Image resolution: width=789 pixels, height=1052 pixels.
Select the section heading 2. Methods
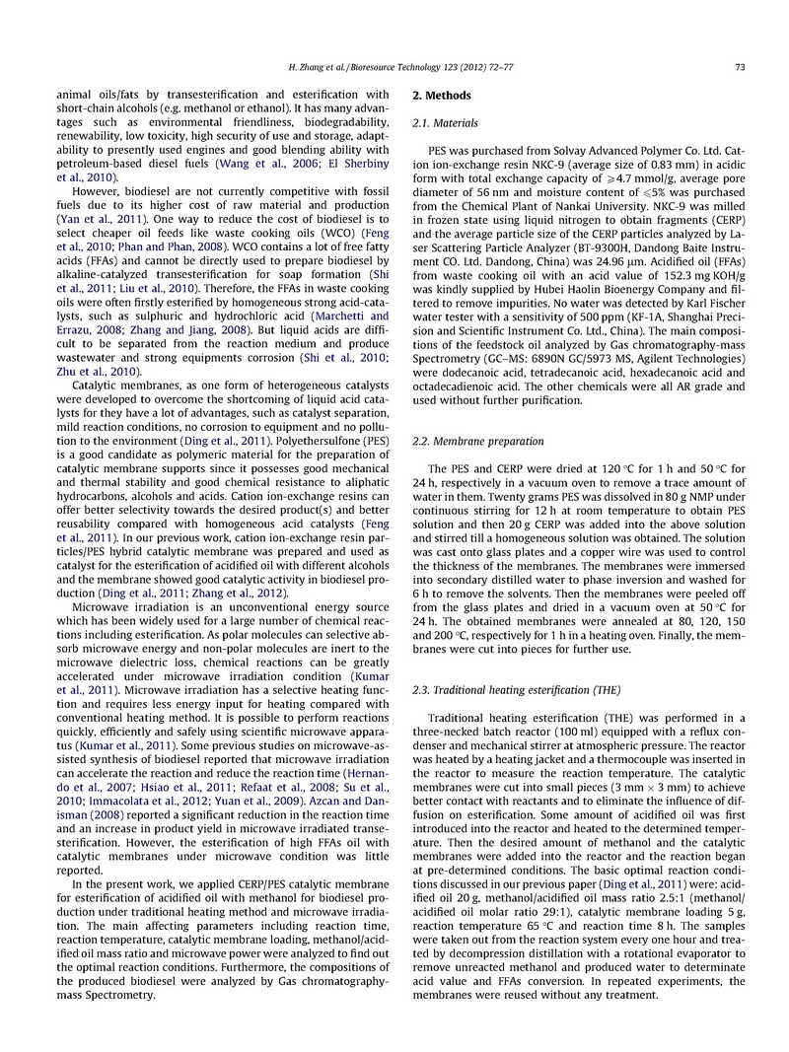click(442, 96)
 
